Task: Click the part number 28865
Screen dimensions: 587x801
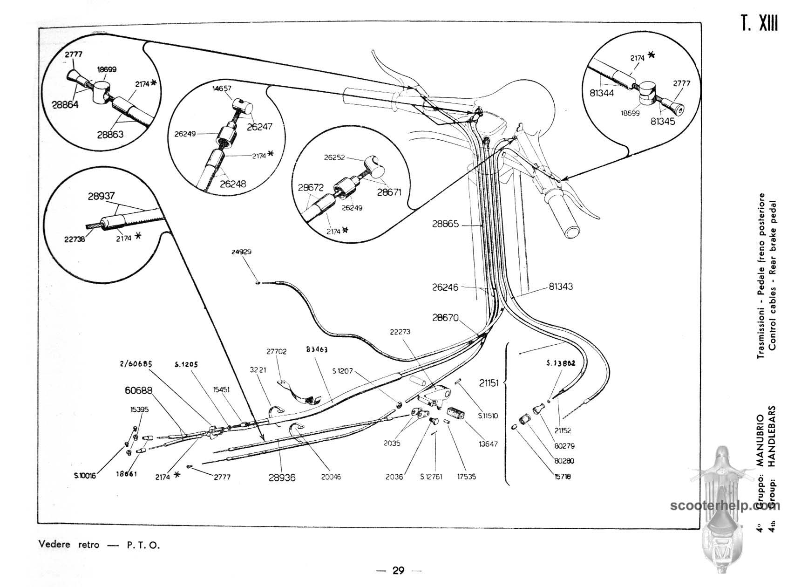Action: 445,224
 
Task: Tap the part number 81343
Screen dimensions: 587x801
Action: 561,287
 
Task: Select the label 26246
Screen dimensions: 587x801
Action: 445,287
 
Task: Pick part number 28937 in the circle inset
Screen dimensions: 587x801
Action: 101,196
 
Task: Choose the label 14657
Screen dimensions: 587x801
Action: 222,88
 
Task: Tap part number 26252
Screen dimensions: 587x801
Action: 334,157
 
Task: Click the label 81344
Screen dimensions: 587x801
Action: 602,93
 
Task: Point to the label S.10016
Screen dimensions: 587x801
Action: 84,476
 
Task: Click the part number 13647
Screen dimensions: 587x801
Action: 488,444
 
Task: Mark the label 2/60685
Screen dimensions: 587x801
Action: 139,363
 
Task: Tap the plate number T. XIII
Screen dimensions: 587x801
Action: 759,23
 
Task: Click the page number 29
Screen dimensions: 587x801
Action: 398,570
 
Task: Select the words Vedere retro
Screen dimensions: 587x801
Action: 69,545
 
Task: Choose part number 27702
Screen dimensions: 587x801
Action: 276,352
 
